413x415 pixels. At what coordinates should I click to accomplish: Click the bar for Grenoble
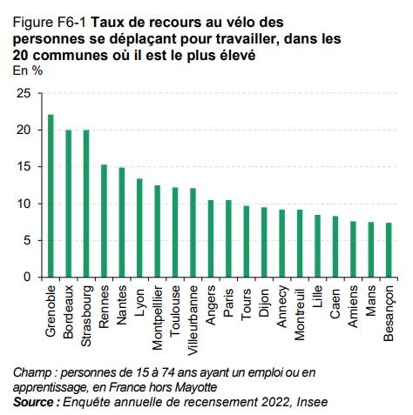pyautogui.click(x=51, y=197)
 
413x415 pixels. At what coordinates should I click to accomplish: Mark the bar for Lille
pyautogui.click(x=318, y=246)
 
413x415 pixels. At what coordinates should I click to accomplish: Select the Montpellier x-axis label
pyautogui.click(x=158, y=310)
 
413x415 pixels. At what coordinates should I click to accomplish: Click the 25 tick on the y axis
pyautogui.click(x=24, y=93)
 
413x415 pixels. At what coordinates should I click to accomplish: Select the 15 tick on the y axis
pyautogui.click(x=24, y=166)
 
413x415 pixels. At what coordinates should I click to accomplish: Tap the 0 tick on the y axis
pyautogui.click(x=27, y=278)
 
